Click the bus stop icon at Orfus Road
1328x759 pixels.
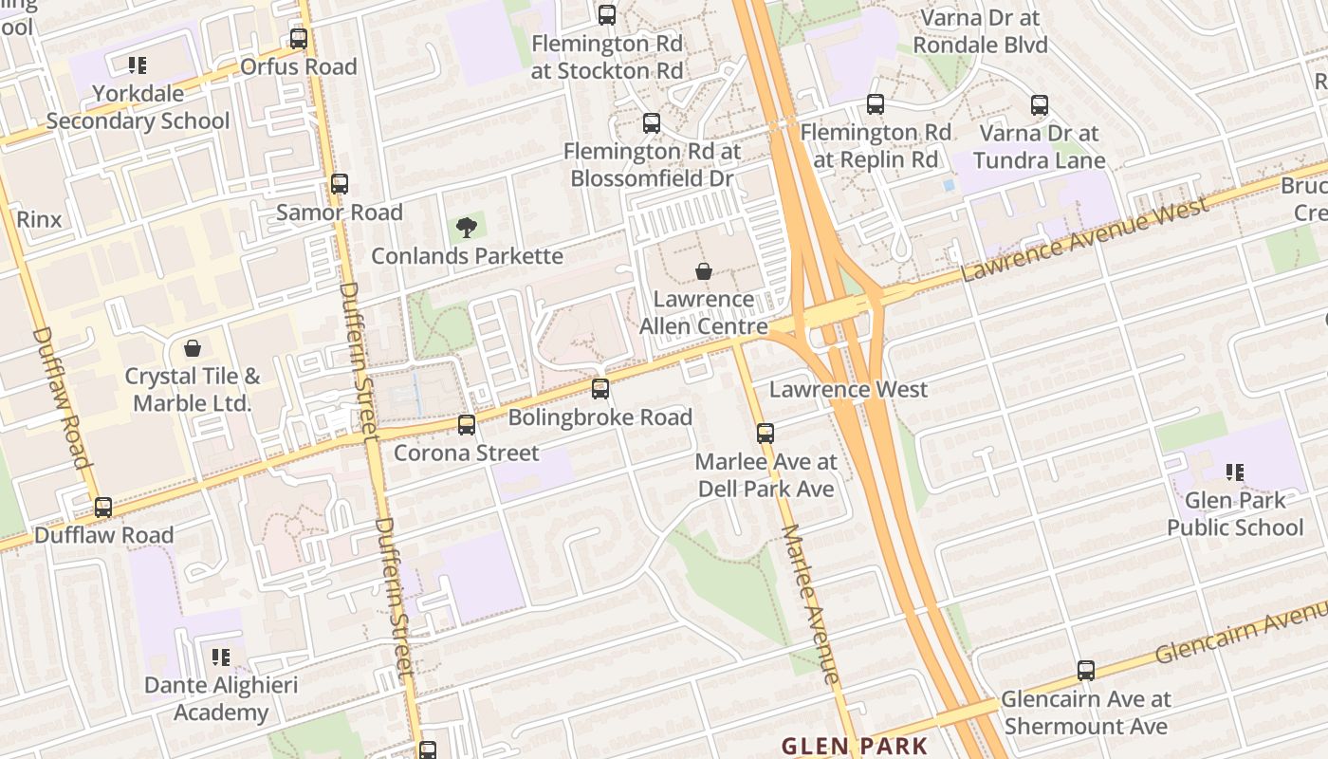pos(299,39)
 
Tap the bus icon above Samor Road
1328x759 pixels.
pos(339,184)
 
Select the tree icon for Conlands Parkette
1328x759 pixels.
pos(466,228)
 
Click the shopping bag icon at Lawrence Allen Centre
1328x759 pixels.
pos(704,271)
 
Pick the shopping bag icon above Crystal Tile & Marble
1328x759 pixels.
pos(193,348)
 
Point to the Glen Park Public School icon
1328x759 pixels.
pos(1234,472)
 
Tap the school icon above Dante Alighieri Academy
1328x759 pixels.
pos(221,657)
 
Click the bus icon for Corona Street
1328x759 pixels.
pos(466,424)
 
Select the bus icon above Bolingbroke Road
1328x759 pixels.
pos(600,388)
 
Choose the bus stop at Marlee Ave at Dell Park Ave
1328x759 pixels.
pos(765,434)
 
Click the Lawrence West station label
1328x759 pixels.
pos(848,389)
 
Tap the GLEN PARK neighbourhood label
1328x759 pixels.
pos(854,746)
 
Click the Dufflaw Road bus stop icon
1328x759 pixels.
pos(103,507)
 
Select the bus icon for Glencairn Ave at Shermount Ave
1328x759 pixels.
pos(1086,671)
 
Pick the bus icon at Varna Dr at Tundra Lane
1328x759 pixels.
pos(1040,105)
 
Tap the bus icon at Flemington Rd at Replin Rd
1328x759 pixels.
pos(875,104)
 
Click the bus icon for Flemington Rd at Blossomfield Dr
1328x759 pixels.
pos(651,122)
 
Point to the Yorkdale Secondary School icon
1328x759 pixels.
pos(138,65)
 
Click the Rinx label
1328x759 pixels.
pos(39,219)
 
